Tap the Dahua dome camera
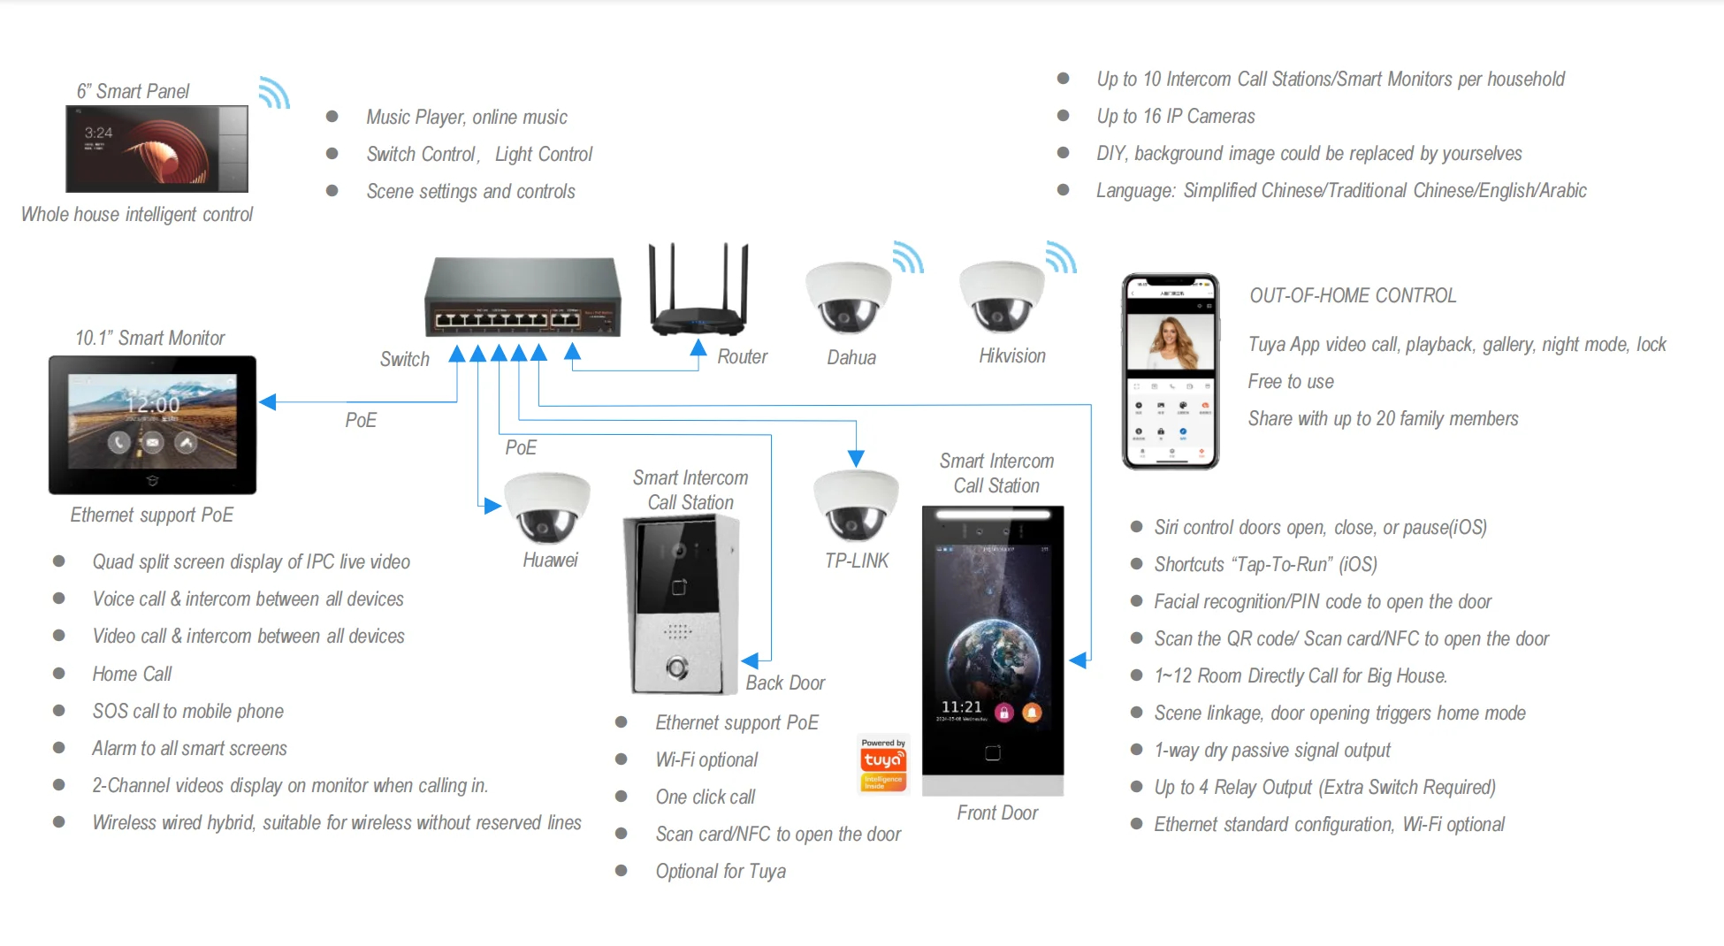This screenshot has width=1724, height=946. pyautogui.click(x=848, y=297)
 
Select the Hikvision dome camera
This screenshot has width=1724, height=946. pyautogui.click(x=1002, y=296)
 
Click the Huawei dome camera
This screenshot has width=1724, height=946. pyautogui.click(x=547, y=507)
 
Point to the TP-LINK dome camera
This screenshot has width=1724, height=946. pyautogui.click(x=856, y=505)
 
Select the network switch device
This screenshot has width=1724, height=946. pyautogui.click(x=523, y=297)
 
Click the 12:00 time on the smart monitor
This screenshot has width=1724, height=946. pyautogui.click(x=153, y=404)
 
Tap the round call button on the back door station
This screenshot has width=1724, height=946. pyautogui.click(x=678, y=668)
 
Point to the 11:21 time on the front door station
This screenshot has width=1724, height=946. pyautogui.click(x=962, y=706)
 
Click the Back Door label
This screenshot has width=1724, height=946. pyautogui.click(x=785, y=683)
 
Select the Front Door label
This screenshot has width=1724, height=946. pyautogui.click(x=997, y=812)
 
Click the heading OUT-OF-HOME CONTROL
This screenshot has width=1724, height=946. pyautogui.click(x=1353, y=295)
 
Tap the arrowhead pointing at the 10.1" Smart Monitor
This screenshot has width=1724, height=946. pyautogui.click(x=268, y=402)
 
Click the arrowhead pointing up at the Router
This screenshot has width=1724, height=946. pyautogui.click(x=698, y=347)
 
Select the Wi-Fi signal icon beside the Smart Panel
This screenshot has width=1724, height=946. pyautogui.click(x=275, y=92)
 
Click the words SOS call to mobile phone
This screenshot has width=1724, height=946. pyautogui.click(x=188, y=711)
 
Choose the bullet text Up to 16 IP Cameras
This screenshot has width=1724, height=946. pyautogui.click(x=1176, y=116)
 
